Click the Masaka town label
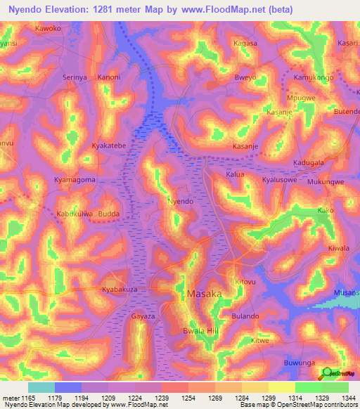click(x=205, y=292)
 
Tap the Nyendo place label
click(x=180, y=201)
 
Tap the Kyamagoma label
click(x=75, y=180)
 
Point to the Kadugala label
click(x=309, y=162)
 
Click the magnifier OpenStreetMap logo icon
click(x=326, y=374)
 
